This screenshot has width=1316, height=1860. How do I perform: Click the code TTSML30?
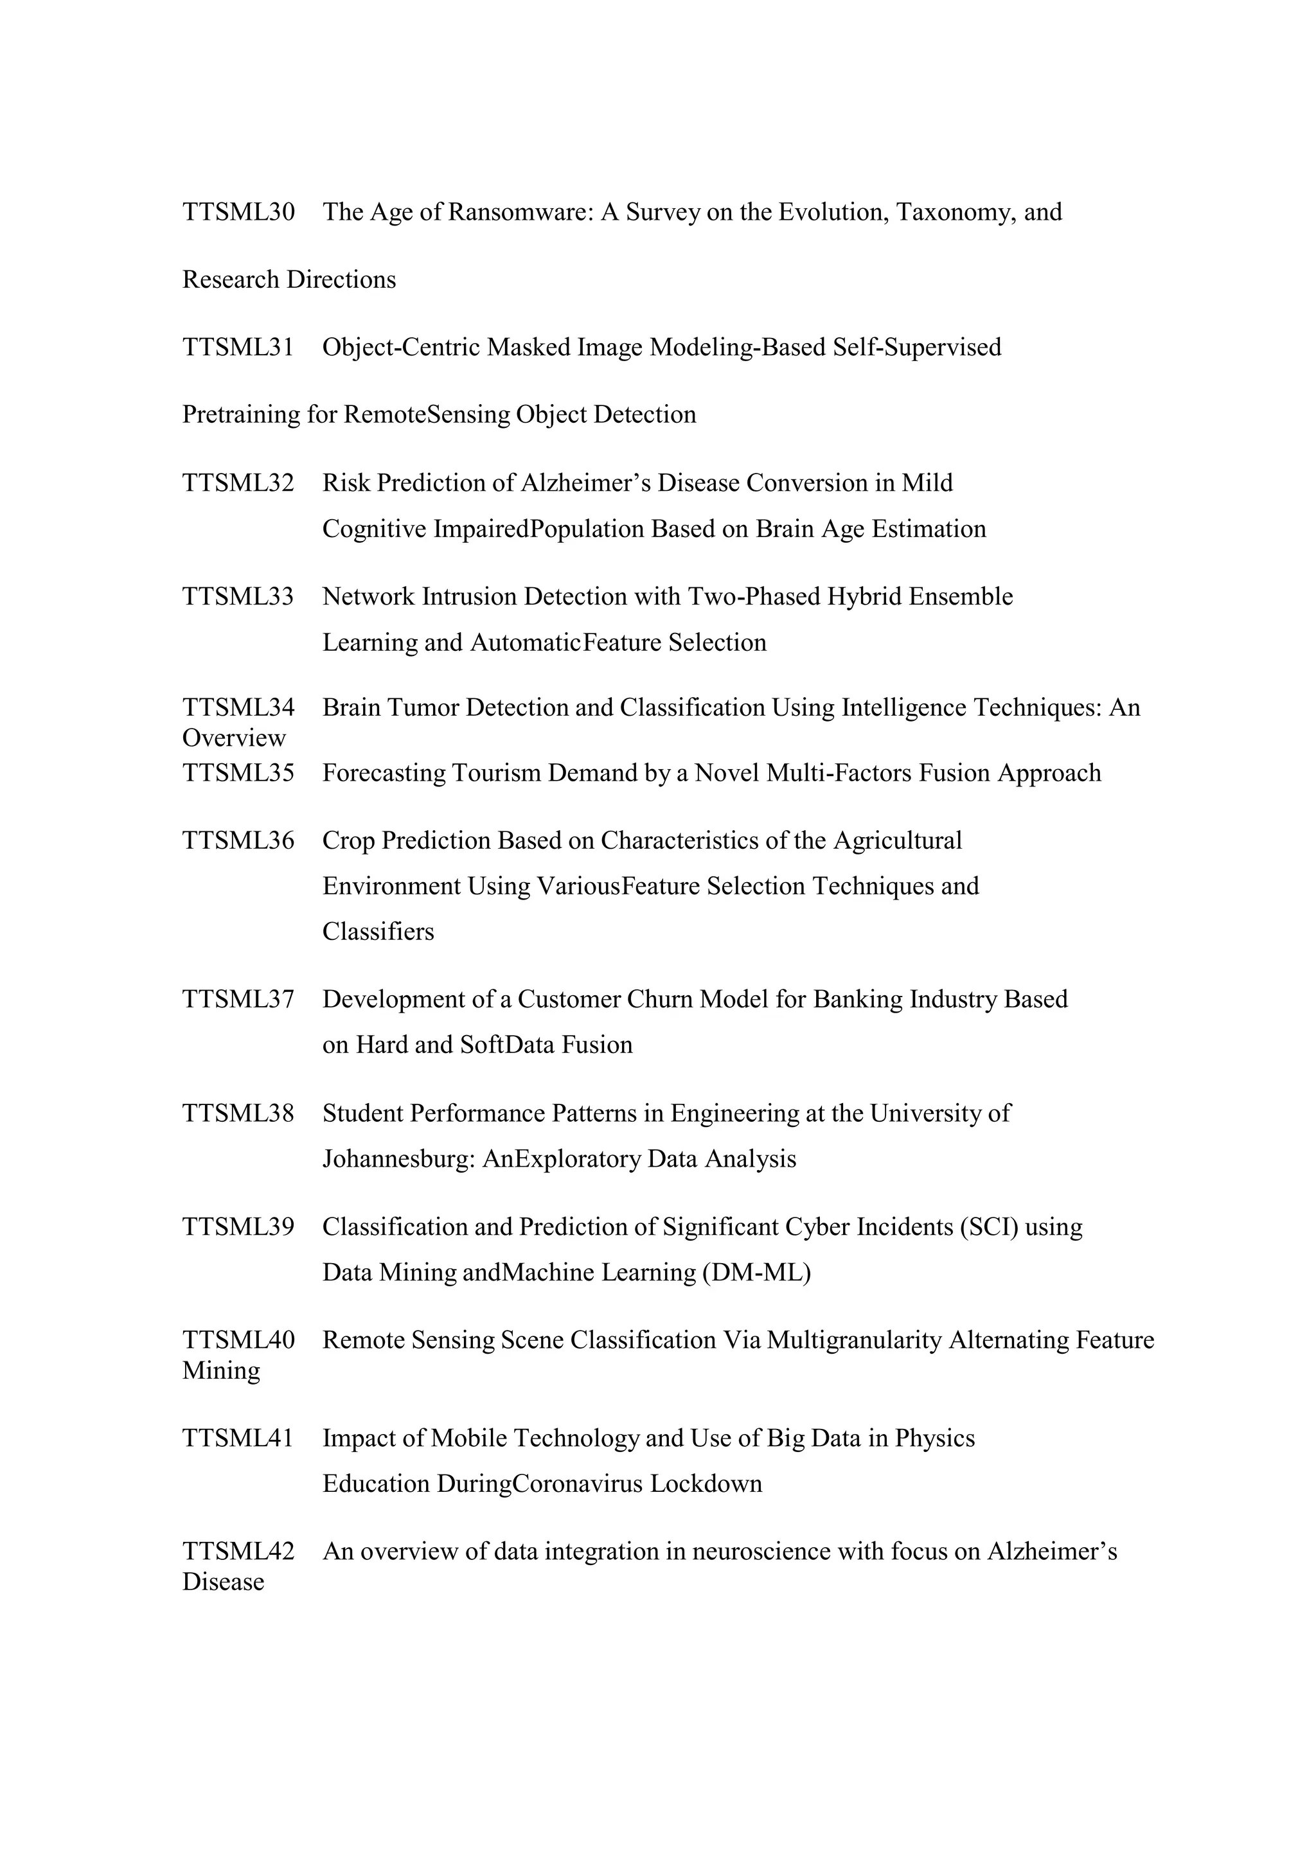point(238,212)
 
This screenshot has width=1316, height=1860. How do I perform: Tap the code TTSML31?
point(238,348)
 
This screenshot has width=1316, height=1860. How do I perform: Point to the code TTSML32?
point(238,483)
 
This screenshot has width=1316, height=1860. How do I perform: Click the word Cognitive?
point(373,529)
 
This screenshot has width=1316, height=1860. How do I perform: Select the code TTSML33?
point(238,597)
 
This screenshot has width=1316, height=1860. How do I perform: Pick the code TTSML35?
point(238,773)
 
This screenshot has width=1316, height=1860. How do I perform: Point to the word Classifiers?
point(378,932)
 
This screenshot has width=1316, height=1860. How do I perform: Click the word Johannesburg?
point(398,1159)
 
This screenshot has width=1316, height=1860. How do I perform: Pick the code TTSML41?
point(238,1439)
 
